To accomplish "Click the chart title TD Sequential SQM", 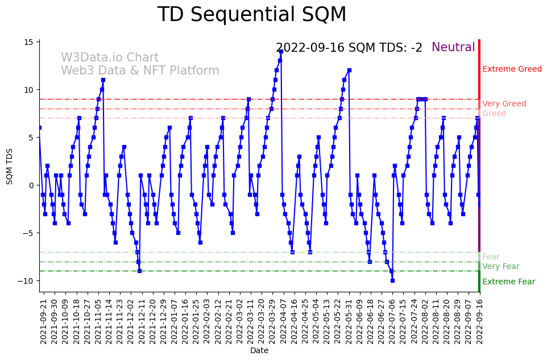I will coord(251,15).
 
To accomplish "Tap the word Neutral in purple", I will coord(453,48).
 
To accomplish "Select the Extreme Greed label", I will coord(512,69).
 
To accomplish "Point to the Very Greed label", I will coord(504,104).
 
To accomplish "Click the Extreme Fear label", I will coord(508,282).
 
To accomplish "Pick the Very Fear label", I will coord(500,267).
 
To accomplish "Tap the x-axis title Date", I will coord(259,351).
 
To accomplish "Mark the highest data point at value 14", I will coord(281,51).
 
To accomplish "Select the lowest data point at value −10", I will coord(392,280).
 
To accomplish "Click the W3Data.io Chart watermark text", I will coord(110,58).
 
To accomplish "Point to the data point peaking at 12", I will coord(349,71).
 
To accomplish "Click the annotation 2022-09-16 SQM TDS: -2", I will coord(349,48).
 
